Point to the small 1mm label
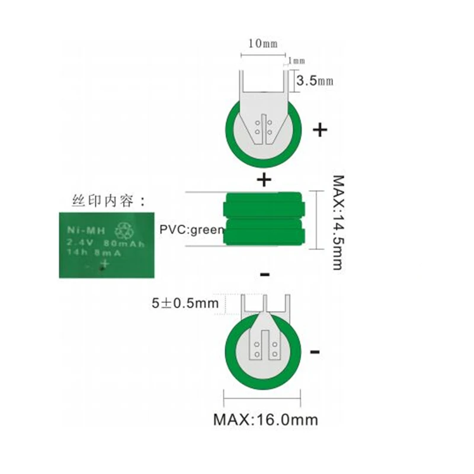pyautogui.click(x=297, y=60)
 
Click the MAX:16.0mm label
pyautogui.click(x=265, y=420)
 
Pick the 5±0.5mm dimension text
pyautogui.click(x=185, y=303)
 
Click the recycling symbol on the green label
pyautogui.click(x=124, y=229)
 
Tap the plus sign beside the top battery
pyautogui.click(x=320, y=130)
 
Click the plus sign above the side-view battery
pyautogui.click(x=264, y=178)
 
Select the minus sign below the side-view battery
pyautogui.click(x=265, y=274)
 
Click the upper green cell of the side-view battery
pyautogui.click(x=264, y=207)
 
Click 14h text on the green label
pyautogui.click(x=75, y=253)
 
